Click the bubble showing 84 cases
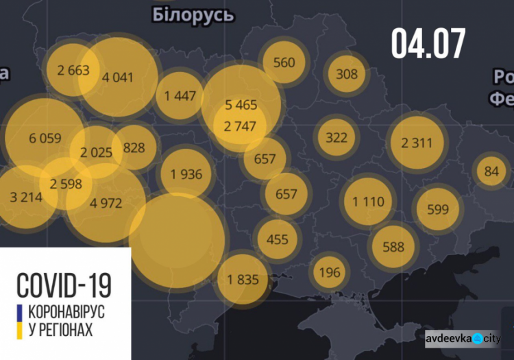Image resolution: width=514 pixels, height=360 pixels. tap(491, 171)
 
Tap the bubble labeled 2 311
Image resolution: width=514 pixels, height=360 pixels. tap(417, 143)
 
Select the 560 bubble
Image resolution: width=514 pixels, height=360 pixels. tap(284, 62)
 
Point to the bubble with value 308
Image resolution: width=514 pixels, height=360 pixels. tap(347, 73)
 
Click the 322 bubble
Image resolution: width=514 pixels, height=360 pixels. tap(336, 137)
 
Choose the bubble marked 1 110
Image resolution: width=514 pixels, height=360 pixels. tap(369, 202)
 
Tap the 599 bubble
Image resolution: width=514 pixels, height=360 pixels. tap(437, 210)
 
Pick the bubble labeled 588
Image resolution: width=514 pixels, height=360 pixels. tap(393, 247)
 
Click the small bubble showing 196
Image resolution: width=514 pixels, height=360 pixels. tap(330, 272)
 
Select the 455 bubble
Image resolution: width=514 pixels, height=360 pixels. tap(278, 239)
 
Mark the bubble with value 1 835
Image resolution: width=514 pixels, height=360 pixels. tap(243, 279)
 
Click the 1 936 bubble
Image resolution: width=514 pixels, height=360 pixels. tap(186, 174)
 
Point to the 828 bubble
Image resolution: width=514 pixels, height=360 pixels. tap(134, 147)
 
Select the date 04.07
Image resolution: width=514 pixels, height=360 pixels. tap(428, 43)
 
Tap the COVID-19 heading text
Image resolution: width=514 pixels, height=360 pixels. tap(64, 284)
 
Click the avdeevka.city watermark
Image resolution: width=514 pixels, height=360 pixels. tap(463, 338)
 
